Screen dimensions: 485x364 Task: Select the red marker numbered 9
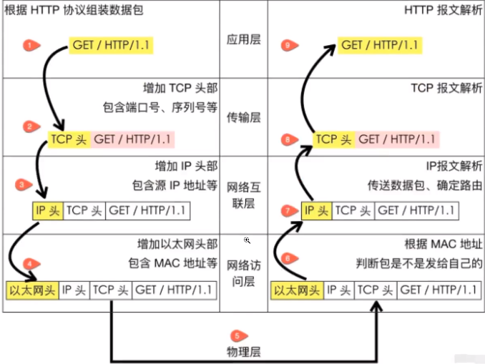[x=287, y=45]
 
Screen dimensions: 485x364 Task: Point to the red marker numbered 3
[x=22, y=185]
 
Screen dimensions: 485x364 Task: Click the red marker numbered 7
[x=288, y=210]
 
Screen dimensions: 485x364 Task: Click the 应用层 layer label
[x=244, y=39]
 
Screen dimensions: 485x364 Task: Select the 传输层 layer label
[x=244, y=115]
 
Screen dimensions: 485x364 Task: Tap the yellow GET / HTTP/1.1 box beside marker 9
[x=380, y=45]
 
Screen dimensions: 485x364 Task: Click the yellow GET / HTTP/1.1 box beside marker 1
[x=112, y=46]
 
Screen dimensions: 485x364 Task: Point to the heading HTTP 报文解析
[x=443, y=10]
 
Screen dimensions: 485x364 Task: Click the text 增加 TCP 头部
[x=180, y=89]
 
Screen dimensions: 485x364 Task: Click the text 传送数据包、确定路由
[x=425, y=185]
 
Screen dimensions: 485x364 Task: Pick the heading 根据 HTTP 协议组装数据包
[x=65, y=10]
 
